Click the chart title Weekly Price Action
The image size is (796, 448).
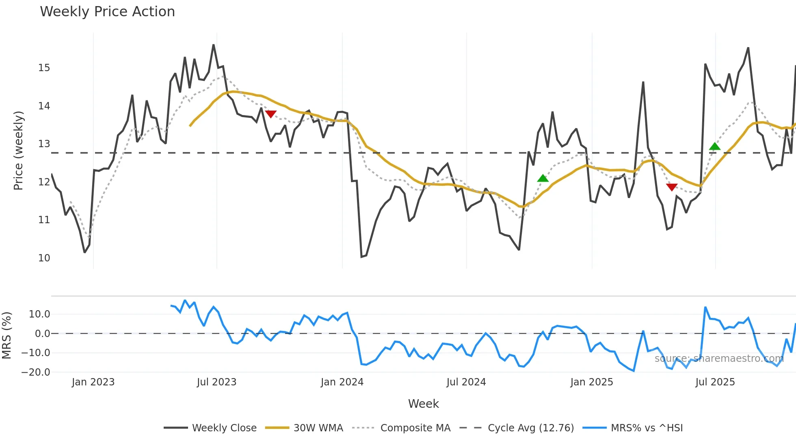(x=107, y=12)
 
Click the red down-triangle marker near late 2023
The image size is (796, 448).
(x=270, y=114)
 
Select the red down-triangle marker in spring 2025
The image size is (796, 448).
(x=672, y=187)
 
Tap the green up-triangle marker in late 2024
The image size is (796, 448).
(x=543, y=178)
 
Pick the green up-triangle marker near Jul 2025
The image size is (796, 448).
(x=715, y=146)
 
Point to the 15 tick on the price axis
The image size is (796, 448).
(x=44, y=68)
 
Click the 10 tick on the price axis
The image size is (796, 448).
(x=44, y=258)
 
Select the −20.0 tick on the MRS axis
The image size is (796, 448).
(x=36, y=372)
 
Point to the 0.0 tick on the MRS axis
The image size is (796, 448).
(x=42, y=334)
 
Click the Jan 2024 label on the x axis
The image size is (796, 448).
(x=342, y=382)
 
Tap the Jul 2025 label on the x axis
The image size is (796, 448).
(x=715, y=382)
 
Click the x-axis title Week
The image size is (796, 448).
(x=423, y=404)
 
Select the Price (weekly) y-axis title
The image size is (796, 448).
(x=18, y=150)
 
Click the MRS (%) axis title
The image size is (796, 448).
(x=6, y=335)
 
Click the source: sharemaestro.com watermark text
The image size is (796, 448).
(x=719, y=359)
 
